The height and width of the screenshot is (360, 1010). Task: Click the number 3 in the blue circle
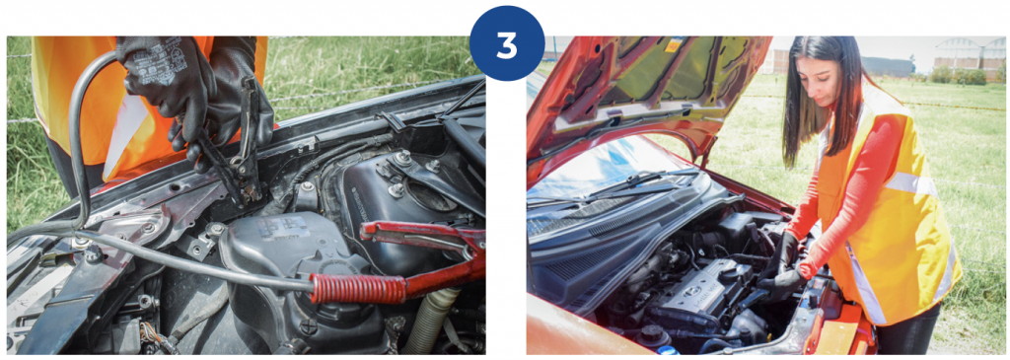pos(507,44)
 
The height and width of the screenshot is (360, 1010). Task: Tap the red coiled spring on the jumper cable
pos(357,287)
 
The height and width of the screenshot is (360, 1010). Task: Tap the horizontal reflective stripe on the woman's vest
pos(910,184)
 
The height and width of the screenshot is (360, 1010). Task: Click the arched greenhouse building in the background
pos(971,54)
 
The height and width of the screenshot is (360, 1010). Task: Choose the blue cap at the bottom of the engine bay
pos(668,350)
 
